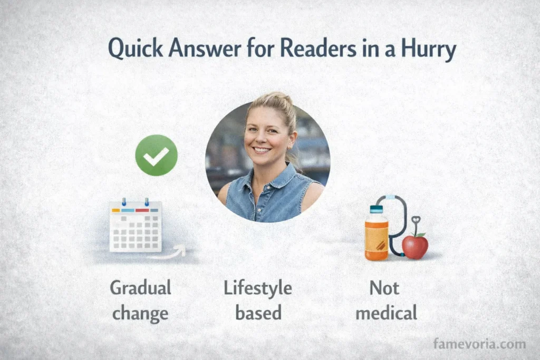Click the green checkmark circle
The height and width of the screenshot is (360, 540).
pyautogui.click(x=156, y=155)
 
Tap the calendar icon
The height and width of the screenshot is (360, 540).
pyautogui.click(x=136, y=226)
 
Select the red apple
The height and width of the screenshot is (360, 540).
pyautogui.click(x=415, y=246)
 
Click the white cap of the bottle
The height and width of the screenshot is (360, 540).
pyautogui.click(x=377, y=209)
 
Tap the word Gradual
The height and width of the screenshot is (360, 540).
pyautogui.click(x=140, y=288)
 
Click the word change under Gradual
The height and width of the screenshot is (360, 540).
pyautogui.click(x=140, y=313)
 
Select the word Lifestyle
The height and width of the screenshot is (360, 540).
pyautogui.click(x=258, y=288)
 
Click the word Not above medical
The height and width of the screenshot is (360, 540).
pyautogui.click(x=384, y=288)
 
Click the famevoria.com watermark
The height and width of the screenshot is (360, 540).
pyautogui.click(x=479, y=344)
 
